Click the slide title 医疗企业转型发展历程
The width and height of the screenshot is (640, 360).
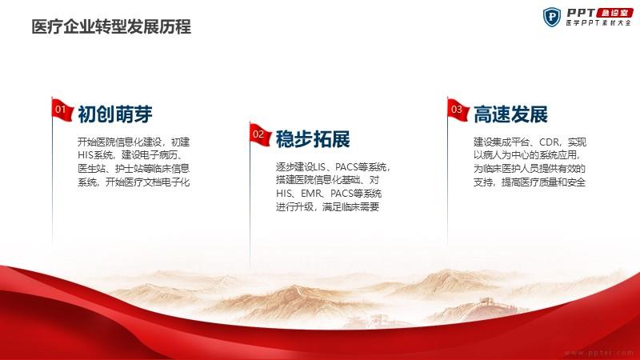tap(111, 27)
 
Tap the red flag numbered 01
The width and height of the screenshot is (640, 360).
tap(62, 110)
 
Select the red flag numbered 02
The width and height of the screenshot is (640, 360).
tap(260, 134)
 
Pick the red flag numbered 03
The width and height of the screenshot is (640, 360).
tap(458, 110)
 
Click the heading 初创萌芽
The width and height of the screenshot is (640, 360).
tap(115, 114)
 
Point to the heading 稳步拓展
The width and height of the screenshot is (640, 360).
tap(313, 139)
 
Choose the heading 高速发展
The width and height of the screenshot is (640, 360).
tap(510, 114)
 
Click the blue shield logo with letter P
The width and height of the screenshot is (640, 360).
tap(552, 17)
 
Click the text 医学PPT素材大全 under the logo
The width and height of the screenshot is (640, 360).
tap(598, 23)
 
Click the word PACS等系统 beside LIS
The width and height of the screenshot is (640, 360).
tap(361, 167)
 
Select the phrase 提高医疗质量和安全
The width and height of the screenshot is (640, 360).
tap(544, 182)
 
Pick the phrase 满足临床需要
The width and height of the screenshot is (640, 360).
tap(351, 206)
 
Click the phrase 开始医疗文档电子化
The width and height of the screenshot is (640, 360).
tap(148, 182)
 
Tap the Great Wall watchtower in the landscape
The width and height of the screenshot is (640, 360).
tap(486, 302)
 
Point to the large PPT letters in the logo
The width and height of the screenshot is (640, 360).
tap(581, 13)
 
